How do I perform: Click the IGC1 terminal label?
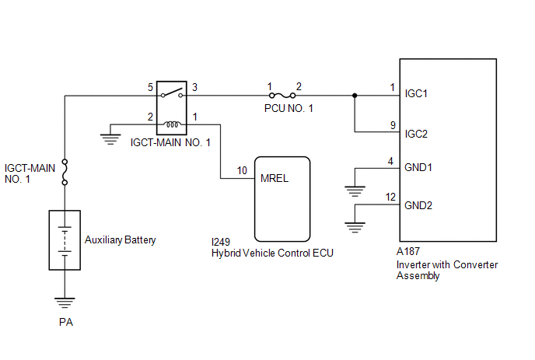pos(416,93)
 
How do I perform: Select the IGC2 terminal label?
pos(416,134)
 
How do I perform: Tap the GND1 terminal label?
pos(418,167)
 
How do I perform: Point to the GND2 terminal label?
pos(418,205)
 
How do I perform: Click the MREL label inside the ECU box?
pos(274,178)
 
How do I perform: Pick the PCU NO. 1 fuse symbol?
pos(282,96)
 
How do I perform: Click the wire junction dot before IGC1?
pos(355,96)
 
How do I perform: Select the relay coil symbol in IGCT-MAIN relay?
pos(171,124)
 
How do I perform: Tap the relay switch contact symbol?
pos(172,93)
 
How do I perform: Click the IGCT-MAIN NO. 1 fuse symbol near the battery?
pos(65,172)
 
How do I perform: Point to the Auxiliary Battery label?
pos(120,240)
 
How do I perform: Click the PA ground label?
pos(66,322)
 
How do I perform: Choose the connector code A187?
pos(408,251)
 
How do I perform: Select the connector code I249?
pos(221,242)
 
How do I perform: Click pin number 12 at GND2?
pos(390,197)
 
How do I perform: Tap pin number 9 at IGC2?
pos(393,125)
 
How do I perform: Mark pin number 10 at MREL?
pos(242,170)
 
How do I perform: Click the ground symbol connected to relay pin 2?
pos(110,139)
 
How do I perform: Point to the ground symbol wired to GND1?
pos(355,191)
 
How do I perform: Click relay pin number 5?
pos(150,87)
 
